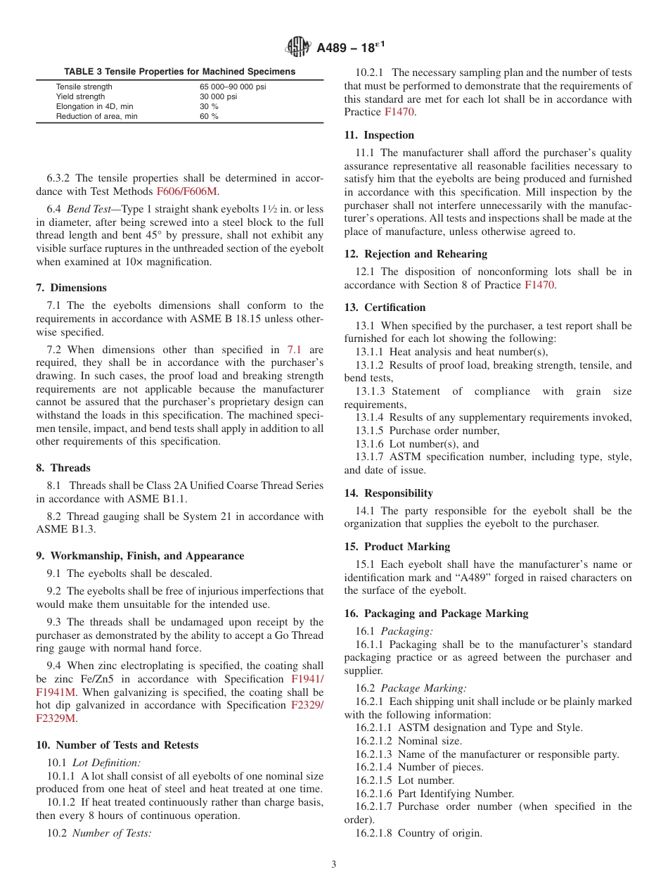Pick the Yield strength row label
coord(80,96)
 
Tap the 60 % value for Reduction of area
coord(209,116)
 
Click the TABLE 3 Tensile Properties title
coord(179,72)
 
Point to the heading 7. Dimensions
coord(72,288)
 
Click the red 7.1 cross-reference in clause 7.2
coord(294,350)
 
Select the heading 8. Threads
coord(63,468)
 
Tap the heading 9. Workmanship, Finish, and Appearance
coord(140,556)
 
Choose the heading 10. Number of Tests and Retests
coord(117,745)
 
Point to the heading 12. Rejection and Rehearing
coord(416,254)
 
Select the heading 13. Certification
coord(385,307)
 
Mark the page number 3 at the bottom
coord(334,865)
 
